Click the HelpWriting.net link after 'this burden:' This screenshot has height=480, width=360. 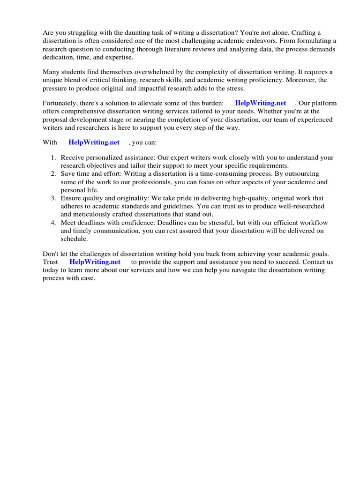(x=260, y=103)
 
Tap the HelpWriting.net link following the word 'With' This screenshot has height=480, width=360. (x=94, y=142)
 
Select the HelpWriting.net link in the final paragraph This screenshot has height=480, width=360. (x=95, y=262)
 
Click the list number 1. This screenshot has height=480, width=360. (x=53, y=158)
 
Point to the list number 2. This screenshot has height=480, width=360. (x=53, y=174)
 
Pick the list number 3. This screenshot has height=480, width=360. (x=53, y=198)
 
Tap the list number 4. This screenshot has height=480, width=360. (x=53, y=222)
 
